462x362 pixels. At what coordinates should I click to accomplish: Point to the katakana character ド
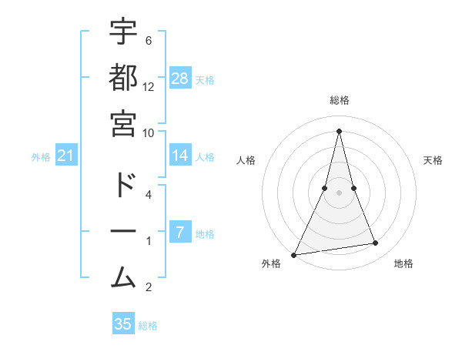123,186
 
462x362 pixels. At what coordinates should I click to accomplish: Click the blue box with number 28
180,79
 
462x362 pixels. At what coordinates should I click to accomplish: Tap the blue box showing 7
179,233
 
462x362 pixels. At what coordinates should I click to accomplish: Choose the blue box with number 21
66,156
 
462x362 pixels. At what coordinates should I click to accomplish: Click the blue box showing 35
123,324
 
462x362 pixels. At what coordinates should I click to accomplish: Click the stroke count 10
149,132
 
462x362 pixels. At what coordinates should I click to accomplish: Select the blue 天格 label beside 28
205,79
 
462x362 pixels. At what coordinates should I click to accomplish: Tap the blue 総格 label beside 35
148,326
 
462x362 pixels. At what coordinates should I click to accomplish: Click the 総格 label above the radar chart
340,100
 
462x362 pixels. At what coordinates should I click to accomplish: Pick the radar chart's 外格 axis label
271,263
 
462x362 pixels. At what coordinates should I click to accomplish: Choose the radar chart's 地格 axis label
403,263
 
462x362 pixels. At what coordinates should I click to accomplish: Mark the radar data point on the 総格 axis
340,131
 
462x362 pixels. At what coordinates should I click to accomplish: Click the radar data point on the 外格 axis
294,254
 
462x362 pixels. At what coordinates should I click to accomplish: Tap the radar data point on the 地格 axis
376,243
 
